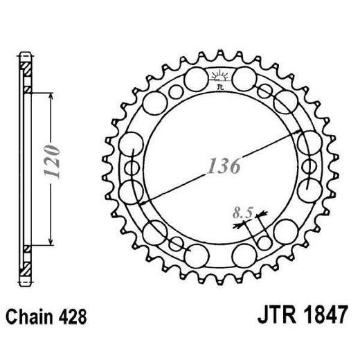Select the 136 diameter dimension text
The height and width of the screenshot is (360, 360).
coord(223,167)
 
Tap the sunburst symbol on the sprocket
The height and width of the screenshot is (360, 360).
coord(219,75)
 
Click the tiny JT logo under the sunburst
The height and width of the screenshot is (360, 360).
coord(220,87)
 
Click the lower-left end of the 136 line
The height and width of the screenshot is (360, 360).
coord(143,201)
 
